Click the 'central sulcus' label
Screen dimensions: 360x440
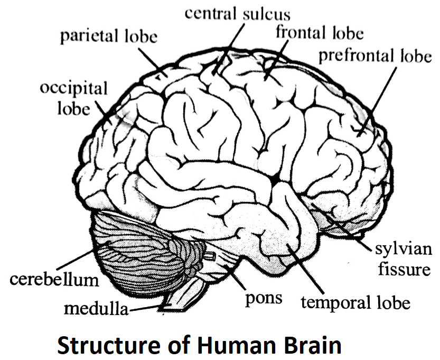point(237,13)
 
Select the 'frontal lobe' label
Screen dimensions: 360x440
point(320,33)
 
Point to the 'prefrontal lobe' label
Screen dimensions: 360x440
point(375,56)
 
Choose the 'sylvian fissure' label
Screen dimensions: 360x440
point(402,259)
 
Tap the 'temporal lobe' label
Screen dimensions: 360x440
point(355,303)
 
